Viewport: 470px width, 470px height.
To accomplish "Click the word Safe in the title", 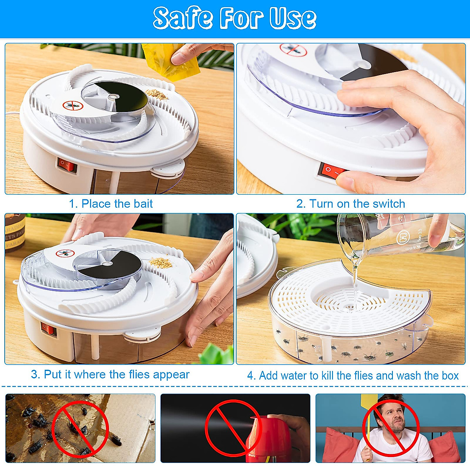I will (183, 18).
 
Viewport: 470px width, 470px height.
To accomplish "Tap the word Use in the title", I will (293, 18).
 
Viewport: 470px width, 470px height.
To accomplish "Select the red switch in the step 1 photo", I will (67, 165).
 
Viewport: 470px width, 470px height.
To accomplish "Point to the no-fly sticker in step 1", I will (73, 105).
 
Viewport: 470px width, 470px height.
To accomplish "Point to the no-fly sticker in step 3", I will (65, 253).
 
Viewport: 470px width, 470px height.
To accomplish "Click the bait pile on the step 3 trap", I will (161, 262).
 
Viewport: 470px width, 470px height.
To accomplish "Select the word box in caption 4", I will (450, 376).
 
